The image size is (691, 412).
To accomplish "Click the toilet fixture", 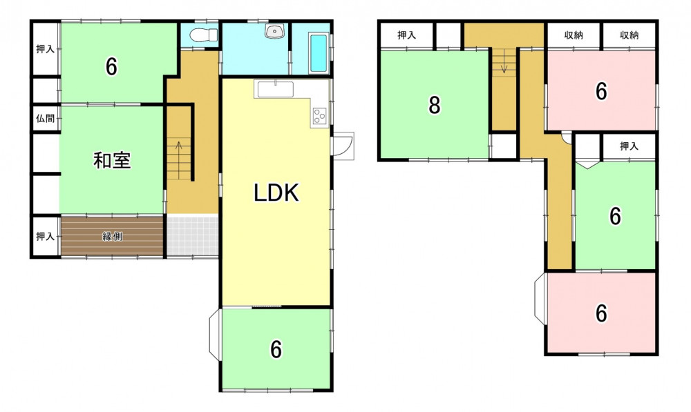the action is [204, 34].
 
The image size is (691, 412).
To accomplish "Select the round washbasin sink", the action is [276, 31].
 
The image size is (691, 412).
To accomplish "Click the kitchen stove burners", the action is [319, 116].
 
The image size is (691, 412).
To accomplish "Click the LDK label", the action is [276, 193].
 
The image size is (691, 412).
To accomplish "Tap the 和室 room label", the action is [112, 160].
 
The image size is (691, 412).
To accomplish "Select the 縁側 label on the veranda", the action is [113, 237].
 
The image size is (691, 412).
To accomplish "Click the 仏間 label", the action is [46, 118].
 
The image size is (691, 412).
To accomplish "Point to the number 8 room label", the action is [435, 105].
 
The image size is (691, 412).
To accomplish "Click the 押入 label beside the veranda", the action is [46, 237].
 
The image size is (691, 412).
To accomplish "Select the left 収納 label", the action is [574, 35].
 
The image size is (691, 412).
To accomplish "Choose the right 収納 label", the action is [629, 35].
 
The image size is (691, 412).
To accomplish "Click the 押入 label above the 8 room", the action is [407, 35].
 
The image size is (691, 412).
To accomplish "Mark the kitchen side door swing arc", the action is [348, 146].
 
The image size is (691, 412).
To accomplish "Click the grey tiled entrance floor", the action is [193, 235].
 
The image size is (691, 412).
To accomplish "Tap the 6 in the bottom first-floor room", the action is [276, 349].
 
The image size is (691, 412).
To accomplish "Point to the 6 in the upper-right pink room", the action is [602, 91].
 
